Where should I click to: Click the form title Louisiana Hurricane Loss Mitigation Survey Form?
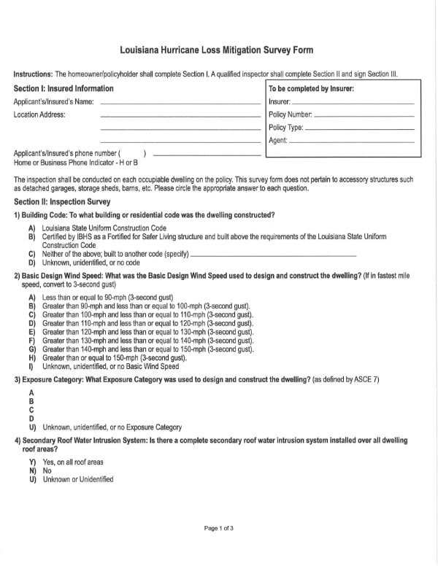point(217,50)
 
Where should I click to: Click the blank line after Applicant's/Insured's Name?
point(179,103)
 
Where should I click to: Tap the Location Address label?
point(39,115)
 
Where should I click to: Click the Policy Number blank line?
point(364,115)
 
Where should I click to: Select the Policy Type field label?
point(285,128)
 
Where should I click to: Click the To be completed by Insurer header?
point(312,89)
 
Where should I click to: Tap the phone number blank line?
point(207,155)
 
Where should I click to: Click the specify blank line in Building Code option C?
point(273,255)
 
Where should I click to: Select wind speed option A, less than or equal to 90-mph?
point(109,298)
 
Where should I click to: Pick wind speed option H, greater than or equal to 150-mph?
point(114,358)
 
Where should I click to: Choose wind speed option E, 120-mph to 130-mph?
point(147,332)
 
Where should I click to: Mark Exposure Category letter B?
point(31,401)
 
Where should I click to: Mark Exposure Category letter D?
point(31,419)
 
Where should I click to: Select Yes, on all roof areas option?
point(72,462)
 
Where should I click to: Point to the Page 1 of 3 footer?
point(218,527)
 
